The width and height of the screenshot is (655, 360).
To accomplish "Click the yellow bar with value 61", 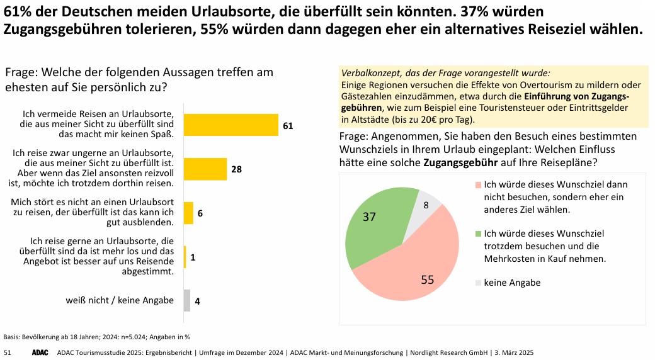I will (x=231, y=125).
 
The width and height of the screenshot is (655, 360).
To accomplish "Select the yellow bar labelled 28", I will (x=205, y=169).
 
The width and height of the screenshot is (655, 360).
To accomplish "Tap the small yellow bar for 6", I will (x=188, y=213).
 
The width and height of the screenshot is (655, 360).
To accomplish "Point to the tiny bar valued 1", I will (x=185, y=257).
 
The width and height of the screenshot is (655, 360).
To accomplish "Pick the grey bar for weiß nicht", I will (x=186, y=300).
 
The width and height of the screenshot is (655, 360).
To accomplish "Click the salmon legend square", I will (x=478, y=185).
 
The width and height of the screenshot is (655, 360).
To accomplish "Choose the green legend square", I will (x=478, y=233).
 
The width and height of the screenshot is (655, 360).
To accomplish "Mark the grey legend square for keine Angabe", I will (x=478, y=283).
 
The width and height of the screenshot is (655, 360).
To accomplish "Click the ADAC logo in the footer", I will (x=40, y=352).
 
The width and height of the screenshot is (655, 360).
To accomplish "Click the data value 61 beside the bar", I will (x=288, y=126).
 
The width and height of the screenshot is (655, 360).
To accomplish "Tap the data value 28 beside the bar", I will (x=236, y=170).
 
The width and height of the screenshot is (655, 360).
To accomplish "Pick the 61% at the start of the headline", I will (x=18, y=12).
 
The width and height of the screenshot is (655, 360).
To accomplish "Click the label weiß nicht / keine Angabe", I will (x=120, y=300).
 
